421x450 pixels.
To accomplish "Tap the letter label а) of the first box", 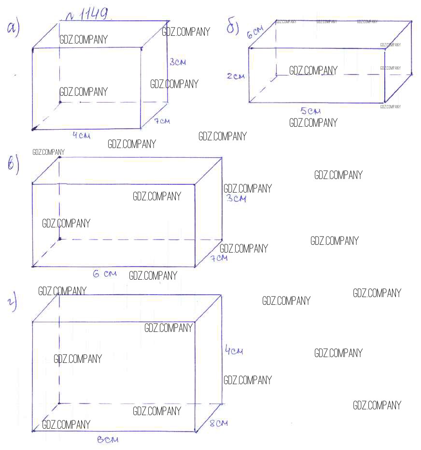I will tap(13, 29).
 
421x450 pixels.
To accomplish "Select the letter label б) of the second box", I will tap(233, 28).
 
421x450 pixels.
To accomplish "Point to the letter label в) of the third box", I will tap(13, 165).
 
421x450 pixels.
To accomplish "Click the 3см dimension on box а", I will tap(178, 62).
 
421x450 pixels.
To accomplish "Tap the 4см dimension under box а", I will tap(81, 135).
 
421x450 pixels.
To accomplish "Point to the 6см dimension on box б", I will tap(254, 33).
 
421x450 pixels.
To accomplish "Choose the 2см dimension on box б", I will tap(236, 76).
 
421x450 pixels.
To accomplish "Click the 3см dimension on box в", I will tap(237, 198).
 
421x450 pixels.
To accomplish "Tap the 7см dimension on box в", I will tap(218, 258).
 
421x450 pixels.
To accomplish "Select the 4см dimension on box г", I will tap(234, 350).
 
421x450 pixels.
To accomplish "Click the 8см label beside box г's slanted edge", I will tap(218, 423).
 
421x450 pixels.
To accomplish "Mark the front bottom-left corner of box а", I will tap(33, 129).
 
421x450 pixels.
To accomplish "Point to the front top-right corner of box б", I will tap(384, 48).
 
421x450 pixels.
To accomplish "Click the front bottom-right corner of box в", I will tap(196, 267).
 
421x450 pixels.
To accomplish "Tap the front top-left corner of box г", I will tap(32, 321).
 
